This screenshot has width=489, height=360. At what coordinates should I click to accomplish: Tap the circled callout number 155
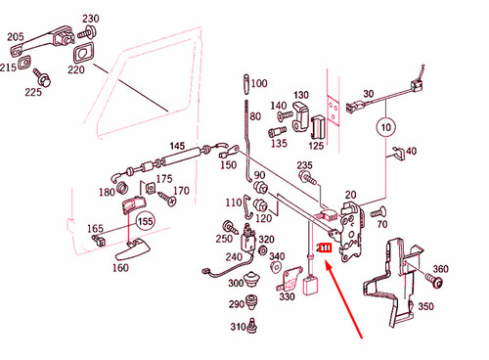[145, 221]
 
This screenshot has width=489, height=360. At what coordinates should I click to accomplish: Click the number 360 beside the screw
[440, 270]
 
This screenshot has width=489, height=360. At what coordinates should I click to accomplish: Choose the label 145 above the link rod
[176, 146]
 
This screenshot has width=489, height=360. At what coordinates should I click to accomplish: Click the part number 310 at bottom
[238, 327]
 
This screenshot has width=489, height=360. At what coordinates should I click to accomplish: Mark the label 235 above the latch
[305, 165]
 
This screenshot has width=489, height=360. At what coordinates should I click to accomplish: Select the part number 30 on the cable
[369, 94]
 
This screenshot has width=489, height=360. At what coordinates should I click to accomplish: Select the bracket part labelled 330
[287, 285]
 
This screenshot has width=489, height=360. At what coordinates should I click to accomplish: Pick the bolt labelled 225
[44, 75]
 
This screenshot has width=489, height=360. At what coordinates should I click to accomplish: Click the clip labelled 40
[397, 152]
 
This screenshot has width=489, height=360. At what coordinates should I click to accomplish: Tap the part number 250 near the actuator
[225, 239]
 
